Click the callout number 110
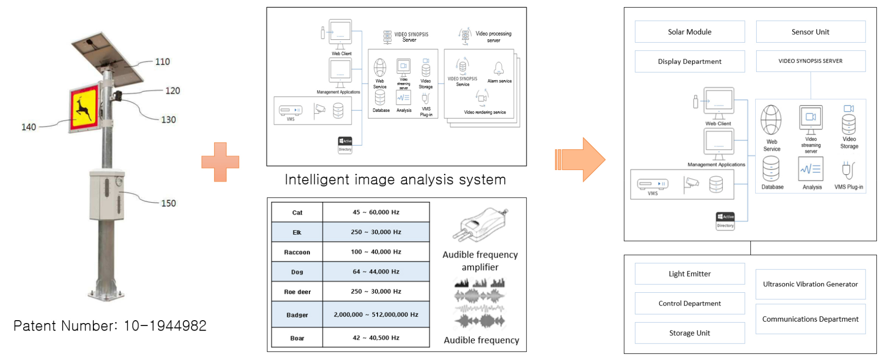pos(163,62)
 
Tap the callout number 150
pos(168,203)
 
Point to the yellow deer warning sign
pos(85,108)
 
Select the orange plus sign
pos(220,162)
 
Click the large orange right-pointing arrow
pos(580,160)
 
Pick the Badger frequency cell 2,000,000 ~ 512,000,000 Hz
pos(376,315)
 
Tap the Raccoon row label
pos(297,252)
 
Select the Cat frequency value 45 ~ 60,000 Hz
pos(376,212)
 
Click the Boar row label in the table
pos(297,338)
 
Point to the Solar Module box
pos(689,32)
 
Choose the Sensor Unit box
pos(810,32)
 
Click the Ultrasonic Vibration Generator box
pos(810,284)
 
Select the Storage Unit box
pos(689,333)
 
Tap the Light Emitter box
pos(689,274)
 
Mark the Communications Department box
pos(810,319)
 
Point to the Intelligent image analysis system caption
pos(395,180)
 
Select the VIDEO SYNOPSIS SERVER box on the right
pos(810,61)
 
